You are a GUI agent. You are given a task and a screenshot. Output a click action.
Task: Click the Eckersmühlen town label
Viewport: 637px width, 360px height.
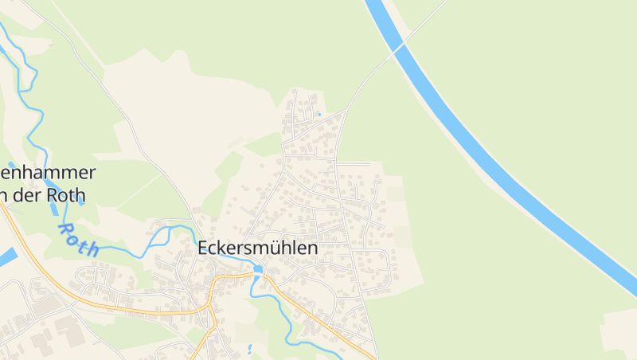(x=257, y=248)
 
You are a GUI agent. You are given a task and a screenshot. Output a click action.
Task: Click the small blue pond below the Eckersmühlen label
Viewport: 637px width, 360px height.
(x=258, y=269)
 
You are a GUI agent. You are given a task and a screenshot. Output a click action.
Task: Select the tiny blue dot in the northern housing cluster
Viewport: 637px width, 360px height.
(x=318, y=114)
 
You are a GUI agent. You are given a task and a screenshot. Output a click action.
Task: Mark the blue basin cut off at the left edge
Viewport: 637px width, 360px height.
(x=6, y=256)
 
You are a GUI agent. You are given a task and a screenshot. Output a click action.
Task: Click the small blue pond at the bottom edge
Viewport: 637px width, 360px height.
(x=250, y=349)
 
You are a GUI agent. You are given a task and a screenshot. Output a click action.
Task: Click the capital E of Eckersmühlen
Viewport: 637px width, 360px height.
(x=202, y=248)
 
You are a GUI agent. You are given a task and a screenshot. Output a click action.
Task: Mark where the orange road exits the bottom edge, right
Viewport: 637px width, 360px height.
(x=373, y=356)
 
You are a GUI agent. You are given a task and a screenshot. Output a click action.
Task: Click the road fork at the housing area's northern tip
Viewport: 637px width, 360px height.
(x=345, y=111)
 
